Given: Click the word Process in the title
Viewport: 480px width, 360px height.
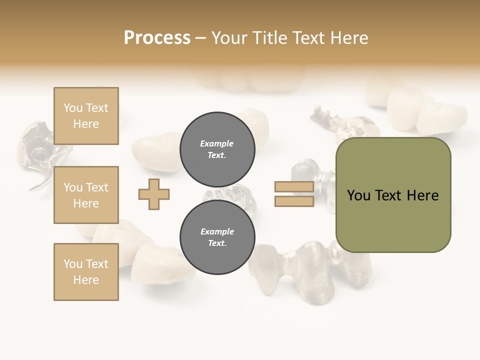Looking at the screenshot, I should point(157,37).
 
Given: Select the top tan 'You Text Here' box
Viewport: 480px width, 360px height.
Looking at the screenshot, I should point(86,116).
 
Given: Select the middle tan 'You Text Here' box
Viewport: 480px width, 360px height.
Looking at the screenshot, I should point(86,195).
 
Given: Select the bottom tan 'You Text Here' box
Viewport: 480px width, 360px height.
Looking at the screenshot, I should point(86,271).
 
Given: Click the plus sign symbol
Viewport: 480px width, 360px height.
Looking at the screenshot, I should point(154,194).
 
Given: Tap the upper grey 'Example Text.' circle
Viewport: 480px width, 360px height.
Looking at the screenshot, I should point(217,149).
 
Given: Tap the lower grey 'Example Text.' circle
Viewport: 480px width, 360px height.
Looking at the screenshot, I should point(217,237).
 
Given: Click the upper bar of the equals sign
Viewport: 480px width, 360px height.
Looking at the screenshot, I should point(294,187).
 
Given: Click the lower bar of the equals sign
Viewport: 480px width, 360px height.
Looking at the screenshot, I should point(294,201).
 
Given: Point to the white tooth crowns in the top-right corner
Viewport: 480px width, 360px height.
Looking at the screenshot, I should point(425,110).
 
